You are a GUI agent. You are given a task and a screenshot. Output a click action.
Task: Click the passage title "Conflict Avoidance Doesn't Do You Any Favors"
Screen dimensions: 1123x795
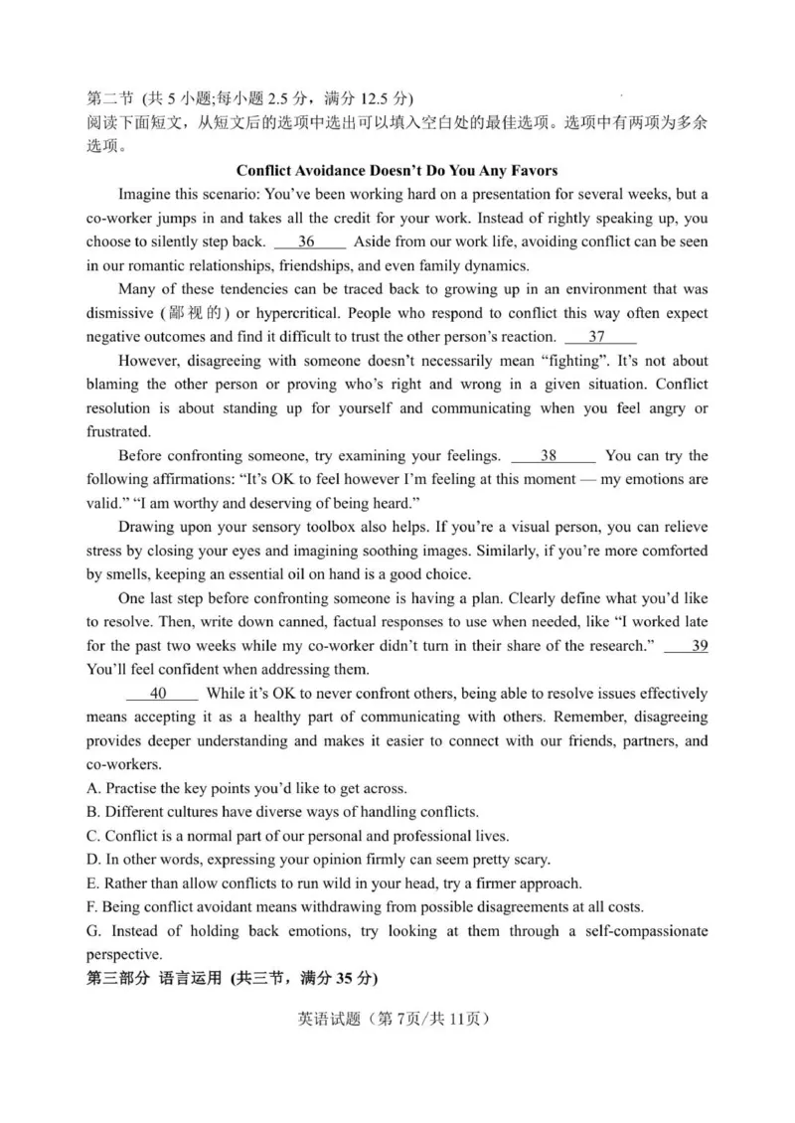coord(397,170)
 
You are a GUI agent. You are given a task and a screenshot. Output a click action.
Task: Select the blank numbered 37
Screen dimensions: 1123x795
coord(598,337)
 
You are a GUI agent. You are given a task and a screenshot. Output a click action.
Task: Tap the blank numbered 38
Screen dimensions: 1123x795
coord(552,456)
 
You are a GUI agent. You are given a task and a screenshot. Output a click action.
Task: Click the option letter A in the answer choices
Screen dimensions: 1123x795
coord(92,788)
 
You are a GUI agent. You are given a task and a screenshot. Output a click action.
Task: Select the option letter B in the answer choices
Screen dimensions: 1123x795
coord(92,812)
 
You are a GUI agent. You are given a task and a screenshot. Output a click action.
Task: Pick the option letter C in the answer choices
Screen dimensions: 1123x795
coord(92,836)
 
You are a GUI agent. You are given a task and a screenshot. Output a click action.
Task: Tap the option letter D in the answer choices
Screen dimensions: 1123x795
coord(92,860)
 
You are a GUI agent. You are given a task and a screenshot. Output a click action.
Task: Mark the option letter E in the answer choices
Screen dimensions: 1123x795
coord(92,883)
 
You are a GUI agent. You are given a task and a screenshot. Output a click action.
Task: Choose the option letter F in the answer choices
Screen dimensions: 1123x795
coord(92,907)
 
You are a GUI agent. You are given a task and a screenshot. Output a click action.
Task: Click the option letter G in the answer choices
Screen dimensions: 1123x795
coord(92,931)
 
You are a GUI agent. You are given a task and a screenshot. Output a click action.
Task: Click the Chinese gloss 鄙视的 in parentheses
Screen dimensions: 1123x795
coord(188,313)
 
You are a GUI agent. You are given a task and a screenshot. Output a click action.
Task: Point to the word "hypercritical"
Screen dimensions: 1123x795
coord(288,313)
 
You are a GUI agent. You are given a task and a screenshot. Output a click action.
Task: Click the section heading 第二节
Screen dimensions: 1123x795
coord(108,98)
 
